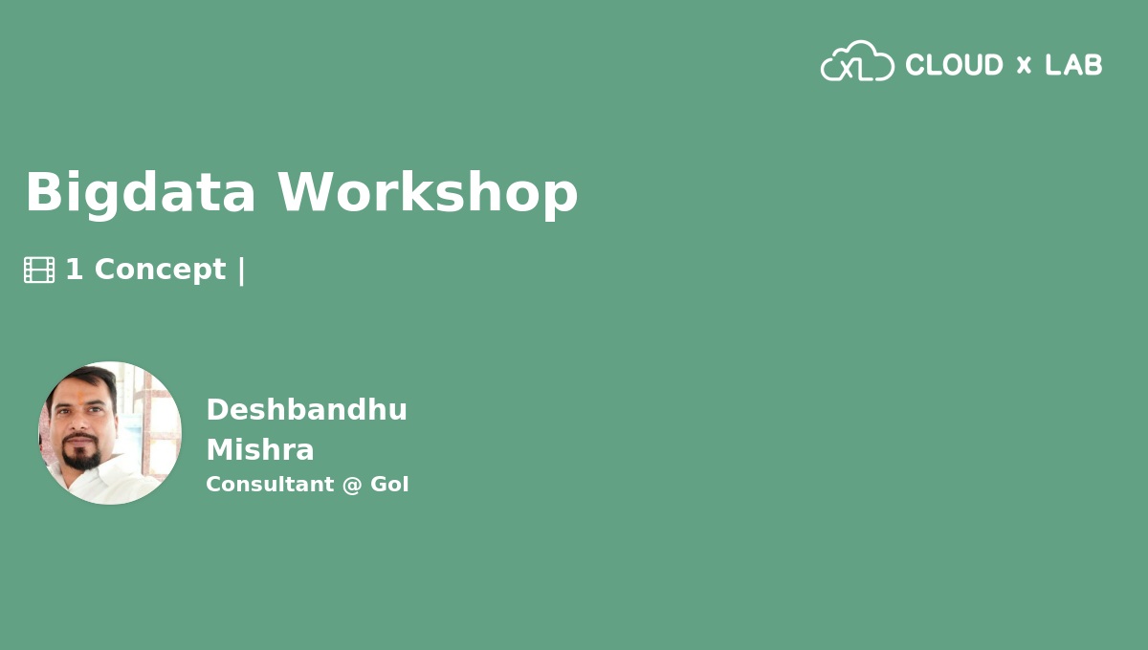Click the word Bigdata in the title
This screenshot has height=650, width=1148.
click(x=140, y=193)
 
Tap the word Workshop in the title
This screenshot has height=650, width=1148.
click(x=428, y=193)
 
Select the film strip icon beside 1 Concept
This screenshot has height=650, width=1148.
click(x=39, y=270)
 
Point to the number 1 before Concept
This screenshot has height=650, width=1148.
click(x=74, y=270)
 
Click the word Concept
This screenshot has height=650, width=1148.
click(x=160, y=270)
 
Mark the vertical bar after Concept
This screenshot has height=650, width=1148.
click(x=241, y=271)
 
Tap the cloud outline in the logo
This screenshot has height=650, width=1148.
click(x=857, y=62)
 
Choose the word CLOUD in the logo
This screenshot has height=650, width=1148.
click(x=954, y=65)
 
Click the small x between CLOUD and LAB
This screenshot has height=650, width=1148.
click(x=1024, y=65)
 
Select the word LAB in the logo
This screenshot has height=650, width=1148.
click(x=1073, y=65)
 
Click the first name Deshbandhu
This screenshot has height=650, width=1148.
click(x=306, y=410)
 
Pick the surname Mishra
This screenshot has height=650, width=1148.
click(x=260, y=450)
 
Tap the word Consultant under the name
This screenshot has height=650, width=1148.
click(x=269, y=485)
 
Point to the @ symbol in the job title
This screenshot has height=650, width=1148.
click(x=352, y=485)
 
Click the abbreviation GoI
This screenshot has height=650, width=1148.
click(x=389, y=485)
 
